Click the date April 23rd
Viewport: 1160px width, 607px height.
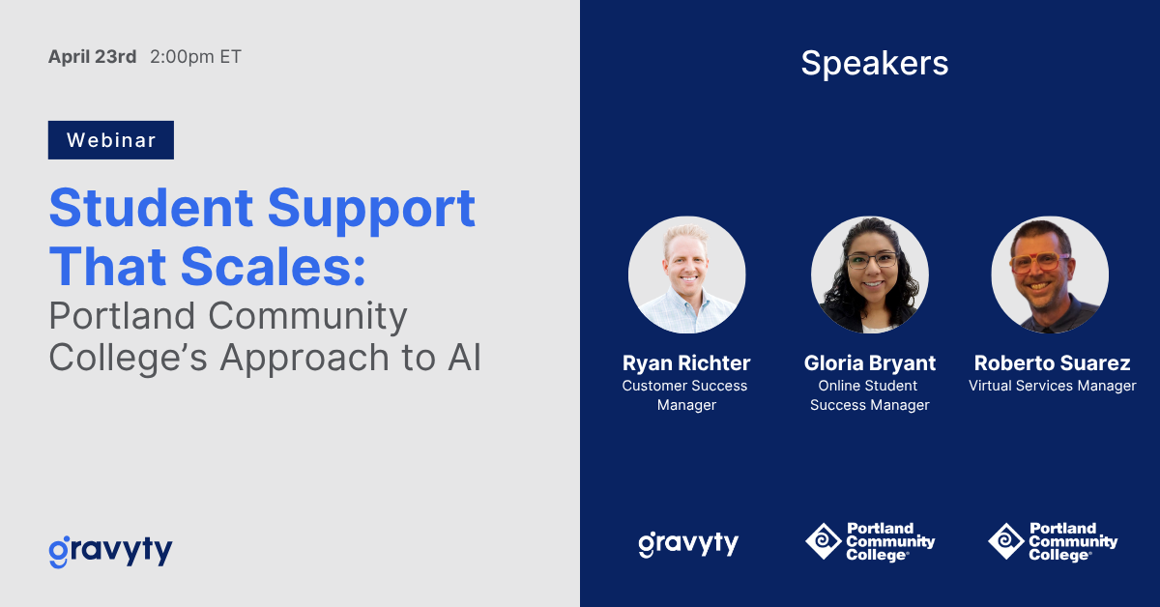(x=92, y=57)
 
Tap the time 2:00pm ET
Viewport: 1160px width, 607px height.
(x=195, y=57)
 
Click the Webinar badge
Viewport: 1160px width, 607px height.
(x=111, y=140)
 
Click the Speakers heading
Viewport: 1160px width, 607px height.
(x=874, y=63)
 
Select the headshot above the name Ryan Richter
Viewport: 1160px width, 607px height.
(x=686, y=275)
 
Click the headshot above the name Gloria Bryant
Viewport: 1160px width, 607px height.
(x=869, y=275)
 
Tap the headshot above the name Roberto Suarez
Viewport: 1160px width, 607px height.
(x=1050, y=275)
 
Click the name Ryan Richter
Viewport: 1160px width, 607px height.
(x=686, y=363)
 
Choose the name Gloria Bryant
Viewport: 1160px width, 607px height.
(x=869, y=363)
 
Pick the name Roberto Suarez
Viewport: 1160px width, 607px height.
(x=1052, y=363)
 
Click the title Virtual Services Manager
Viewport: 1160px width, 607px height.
(x=1052, y=386)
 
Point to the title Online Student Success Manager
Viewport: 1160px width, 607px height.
(x=869, y=395)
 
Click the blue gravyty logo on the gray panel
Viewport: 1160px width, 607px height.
(x=110, y=551)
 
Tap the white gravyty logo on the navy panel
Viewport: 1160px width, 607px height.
(x=687, y=543)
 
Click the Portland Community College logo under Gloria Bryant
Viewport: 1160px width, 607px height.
(x=869, y=541)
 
